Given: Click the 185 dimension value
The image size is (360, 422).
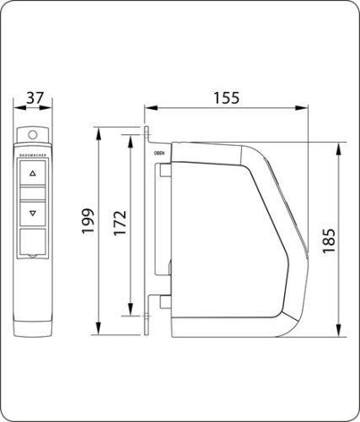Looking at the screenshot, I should (x=330, y=240).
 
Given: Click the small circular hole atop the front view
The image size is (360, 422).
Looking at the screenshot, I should (x=33, y=133).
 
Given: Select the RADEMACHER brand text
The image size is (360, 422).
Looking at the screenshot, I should (x=33, y=156).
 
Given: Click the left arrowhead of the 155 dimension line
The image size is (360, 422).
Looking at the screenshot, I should (x=148, y=107).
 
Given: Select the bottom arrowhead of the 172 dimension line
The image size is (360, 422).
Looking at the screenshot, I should (x=131, y=309).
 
